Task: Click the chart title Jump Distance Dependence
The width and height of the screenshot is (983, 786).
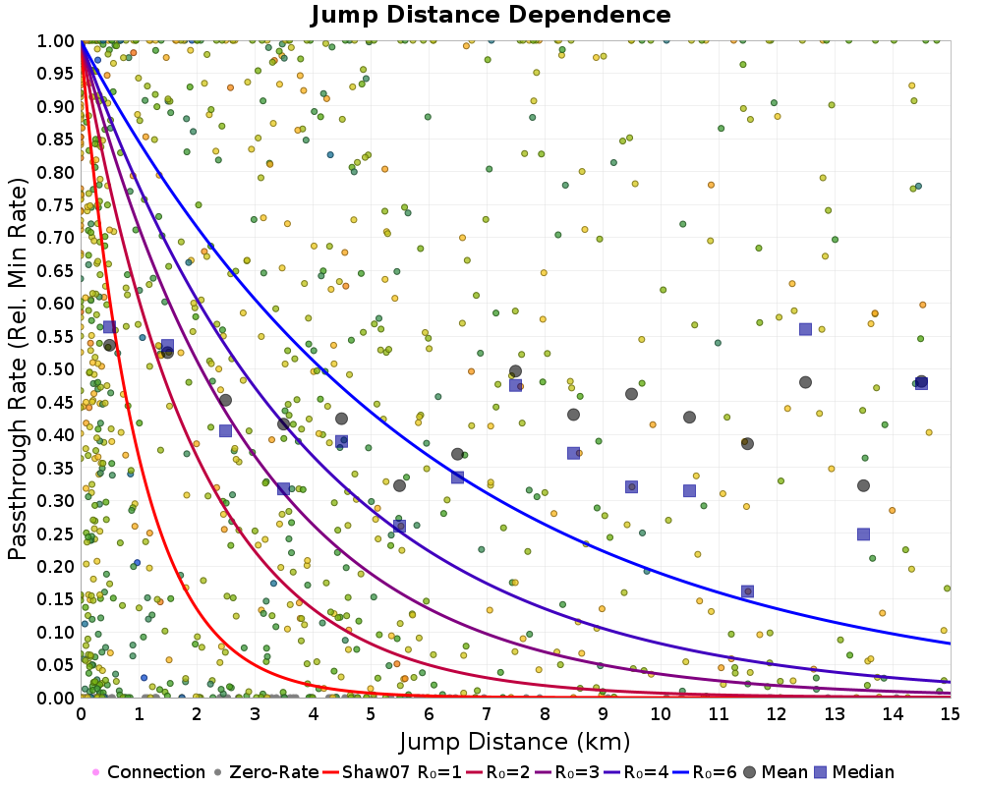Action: (491, 15)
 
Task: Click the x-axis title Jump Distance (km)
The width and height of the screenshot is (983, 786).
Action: (515, 740)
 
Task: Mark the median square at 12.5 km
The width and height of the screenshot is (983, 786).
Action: (805, 329)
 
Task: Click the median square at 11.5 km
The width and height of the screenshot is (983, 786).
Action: (747, 591)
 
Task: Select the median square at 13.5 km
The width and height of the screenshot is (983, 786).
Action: (863, 534)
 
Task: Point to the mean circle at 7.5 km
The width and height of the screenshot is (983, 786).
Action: (515, 371)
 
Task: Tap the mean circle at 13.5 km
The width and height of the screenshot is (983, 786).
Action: (863, 485)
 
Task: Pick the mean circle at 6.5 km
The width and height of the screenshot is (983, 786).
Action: (457, 454)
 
